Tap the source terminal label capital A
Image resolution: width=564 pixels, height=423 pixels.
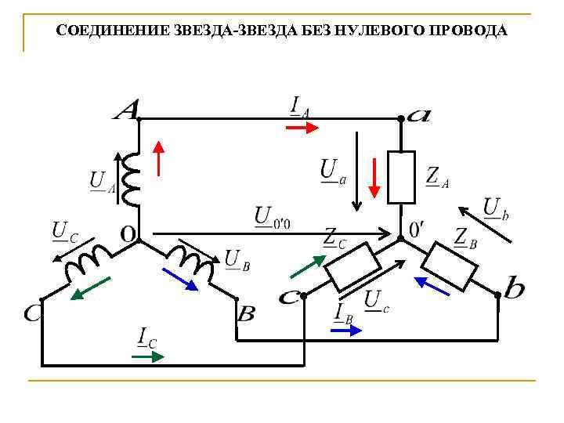(x=125, y=110)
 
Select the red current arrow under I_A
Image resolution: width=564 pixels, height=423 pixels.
(x=297, y=128)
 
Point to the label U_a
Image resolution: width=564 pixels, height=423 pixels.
(x=332, y=171)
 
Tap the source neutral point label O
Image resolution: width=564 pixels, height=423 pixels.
(x=127, y=233)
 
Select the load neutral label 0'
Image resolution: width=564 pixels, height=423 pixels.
(x=417, y=230)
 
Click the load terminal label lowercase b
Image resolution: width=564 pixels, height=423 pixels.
(x=515, y=289)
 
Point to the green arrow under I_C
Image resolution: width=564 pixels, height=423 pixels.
(x=147, y=356)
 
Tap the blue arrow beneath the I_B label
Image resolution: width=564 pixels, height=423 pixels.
(x=346, y=331)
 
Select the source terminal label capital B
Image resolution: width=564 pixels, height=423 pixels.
(x=246, y=313)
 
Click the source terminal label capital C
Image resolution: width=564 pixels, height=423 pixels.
(x=33, y=313)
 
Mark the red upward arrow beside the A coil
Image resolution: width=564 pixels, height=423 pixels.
(x=159, y=157)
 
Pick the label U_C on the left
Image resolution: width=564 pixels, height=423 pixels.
(x=64, y=232)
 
